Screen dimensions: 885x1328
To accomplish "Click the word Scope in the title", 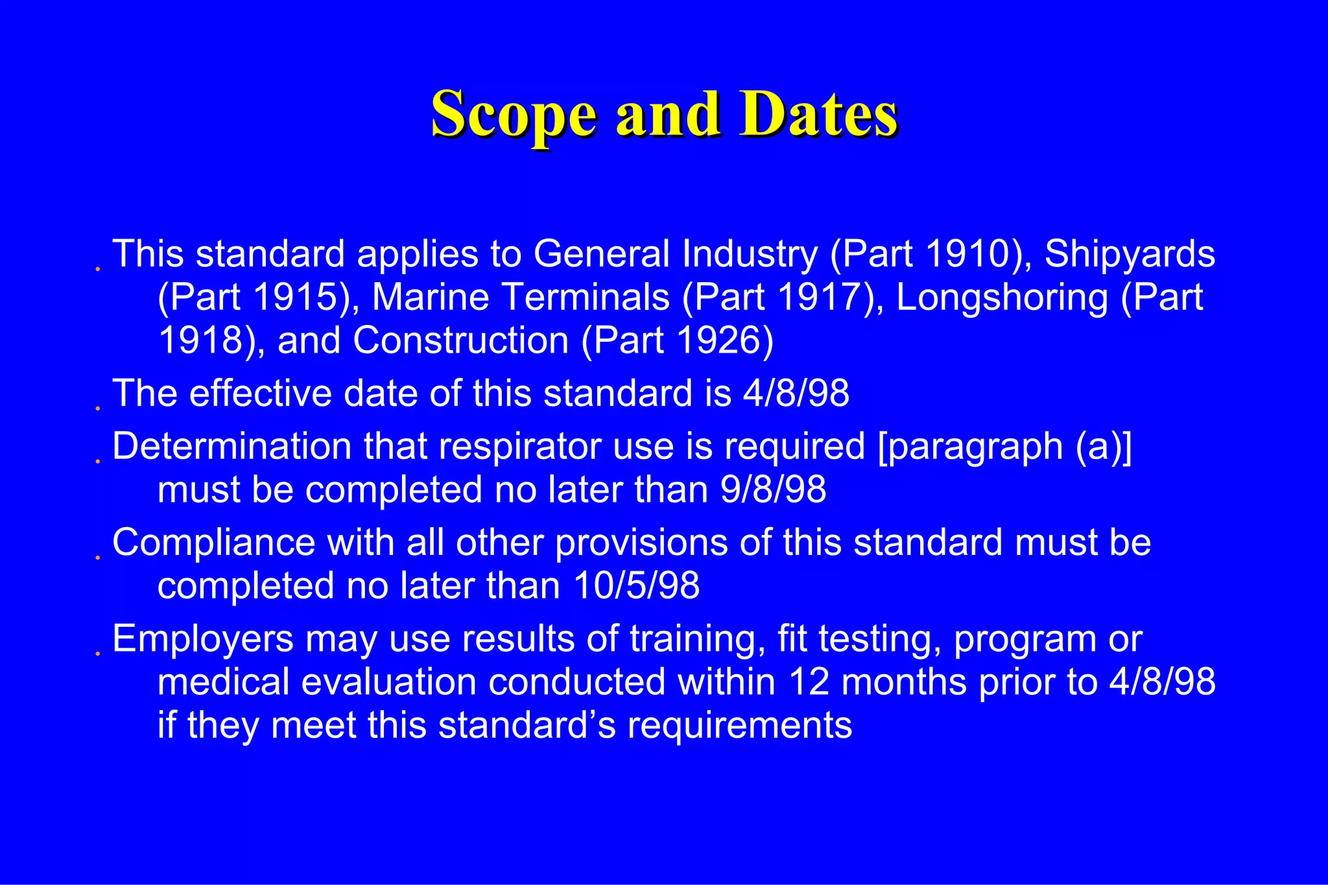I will (513, 115).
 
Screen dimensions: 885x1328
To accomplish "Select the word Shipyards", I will (1130, 254).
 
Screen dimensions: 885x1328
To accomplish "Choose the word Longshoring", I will (1002, 298).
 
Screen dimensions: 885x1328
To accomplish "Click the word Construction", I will (460, 341).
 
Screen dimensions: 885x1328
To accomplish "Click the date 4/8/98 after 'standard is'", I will (796, 394).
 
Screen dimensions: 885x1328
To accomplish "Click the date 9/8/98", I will (773, 490).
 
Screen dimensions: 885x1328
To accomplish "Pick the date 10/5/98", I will (637, 586).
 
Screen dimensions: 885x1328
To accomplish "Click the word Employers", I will (203, 639).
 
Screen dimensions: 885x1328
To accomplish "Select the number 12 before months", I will (809, 682).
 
